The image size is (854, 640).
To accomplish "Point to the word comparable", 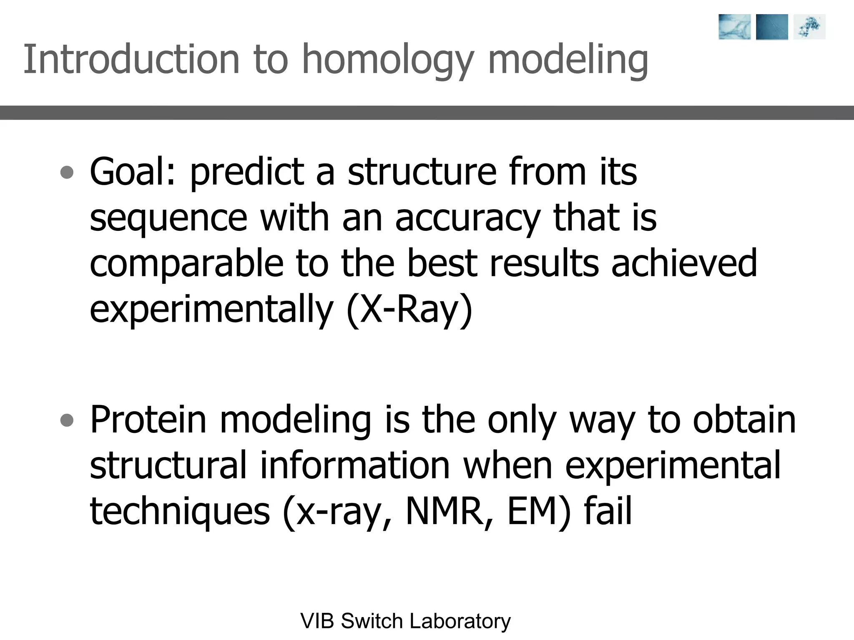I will tap(186, 264).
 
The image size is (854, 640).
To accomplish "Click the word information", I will tap(355, 465).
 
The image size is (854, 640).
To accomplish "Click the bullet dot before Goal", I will tap(67, 172).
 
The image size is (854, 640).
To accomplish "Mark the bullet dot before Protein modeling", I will tap(67, 420).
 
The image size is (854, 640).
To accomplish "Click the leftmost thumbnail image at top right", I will tap(734, 27).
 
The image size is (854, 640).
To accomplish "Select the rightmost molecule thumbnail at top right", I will tap(809, 27).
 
